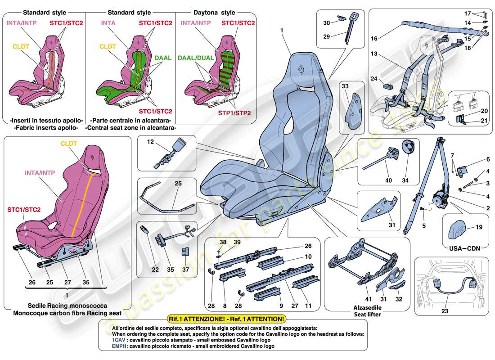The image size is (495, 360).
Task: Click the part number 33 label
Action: [345, 85]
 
